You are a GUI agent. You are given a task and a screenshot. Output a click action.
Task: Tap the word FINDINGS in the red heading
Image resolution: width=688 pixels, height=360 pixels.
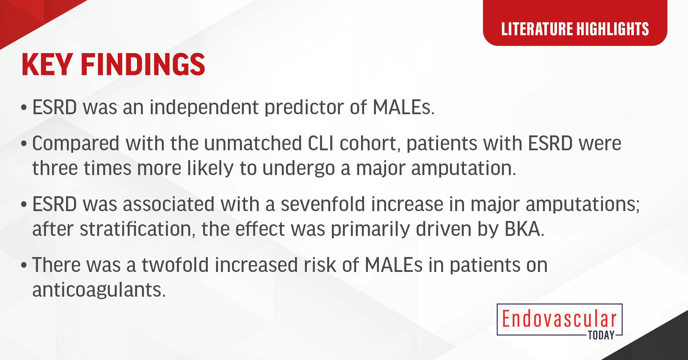click(x=143, y=65)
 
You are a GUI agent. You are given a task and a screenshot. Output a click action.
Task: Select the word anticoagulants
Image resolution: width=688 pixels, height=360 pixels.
click(x=99, y=290)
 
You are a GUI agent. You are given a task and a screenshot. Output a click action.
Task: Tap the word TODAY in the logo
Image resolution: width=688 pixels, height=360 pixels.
click(x=601, y=335)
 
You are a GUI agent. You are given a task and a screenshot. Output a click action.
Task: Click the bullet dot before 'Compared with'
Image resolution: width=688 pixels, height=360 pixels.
click(x=24, y=144)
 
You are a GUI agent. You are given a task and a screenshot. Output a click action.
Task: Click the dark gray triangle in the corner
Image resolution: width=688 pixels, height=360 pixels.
click(x=666, y=344)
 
